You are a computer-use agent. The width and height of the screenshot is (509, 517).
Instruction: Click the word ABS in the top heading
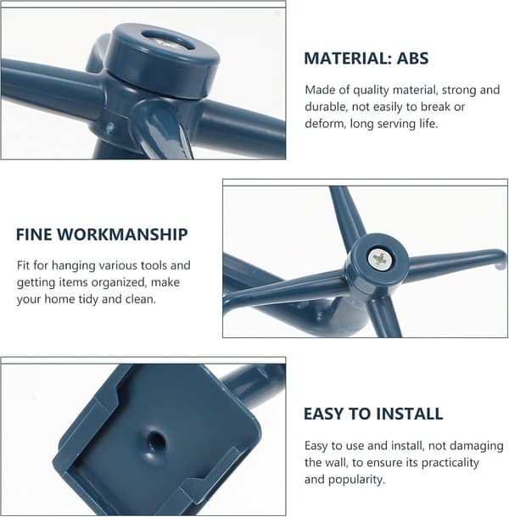(412, 58)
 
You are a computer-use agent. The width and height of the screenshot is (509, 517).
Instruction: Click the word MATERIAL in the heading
(348, 58)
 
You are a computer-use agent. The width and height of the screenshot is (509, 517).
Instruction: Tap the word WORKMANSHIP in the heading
(122, 235)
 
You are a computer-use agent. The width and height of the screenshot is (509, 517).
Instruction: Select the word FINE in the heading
(34, 235)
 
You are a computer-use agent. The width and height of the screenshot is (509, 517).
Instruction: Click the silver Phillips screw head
(380, 259)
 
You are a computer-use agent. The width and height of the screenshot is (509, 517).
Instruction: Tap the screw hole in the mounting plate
(155, 441)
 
